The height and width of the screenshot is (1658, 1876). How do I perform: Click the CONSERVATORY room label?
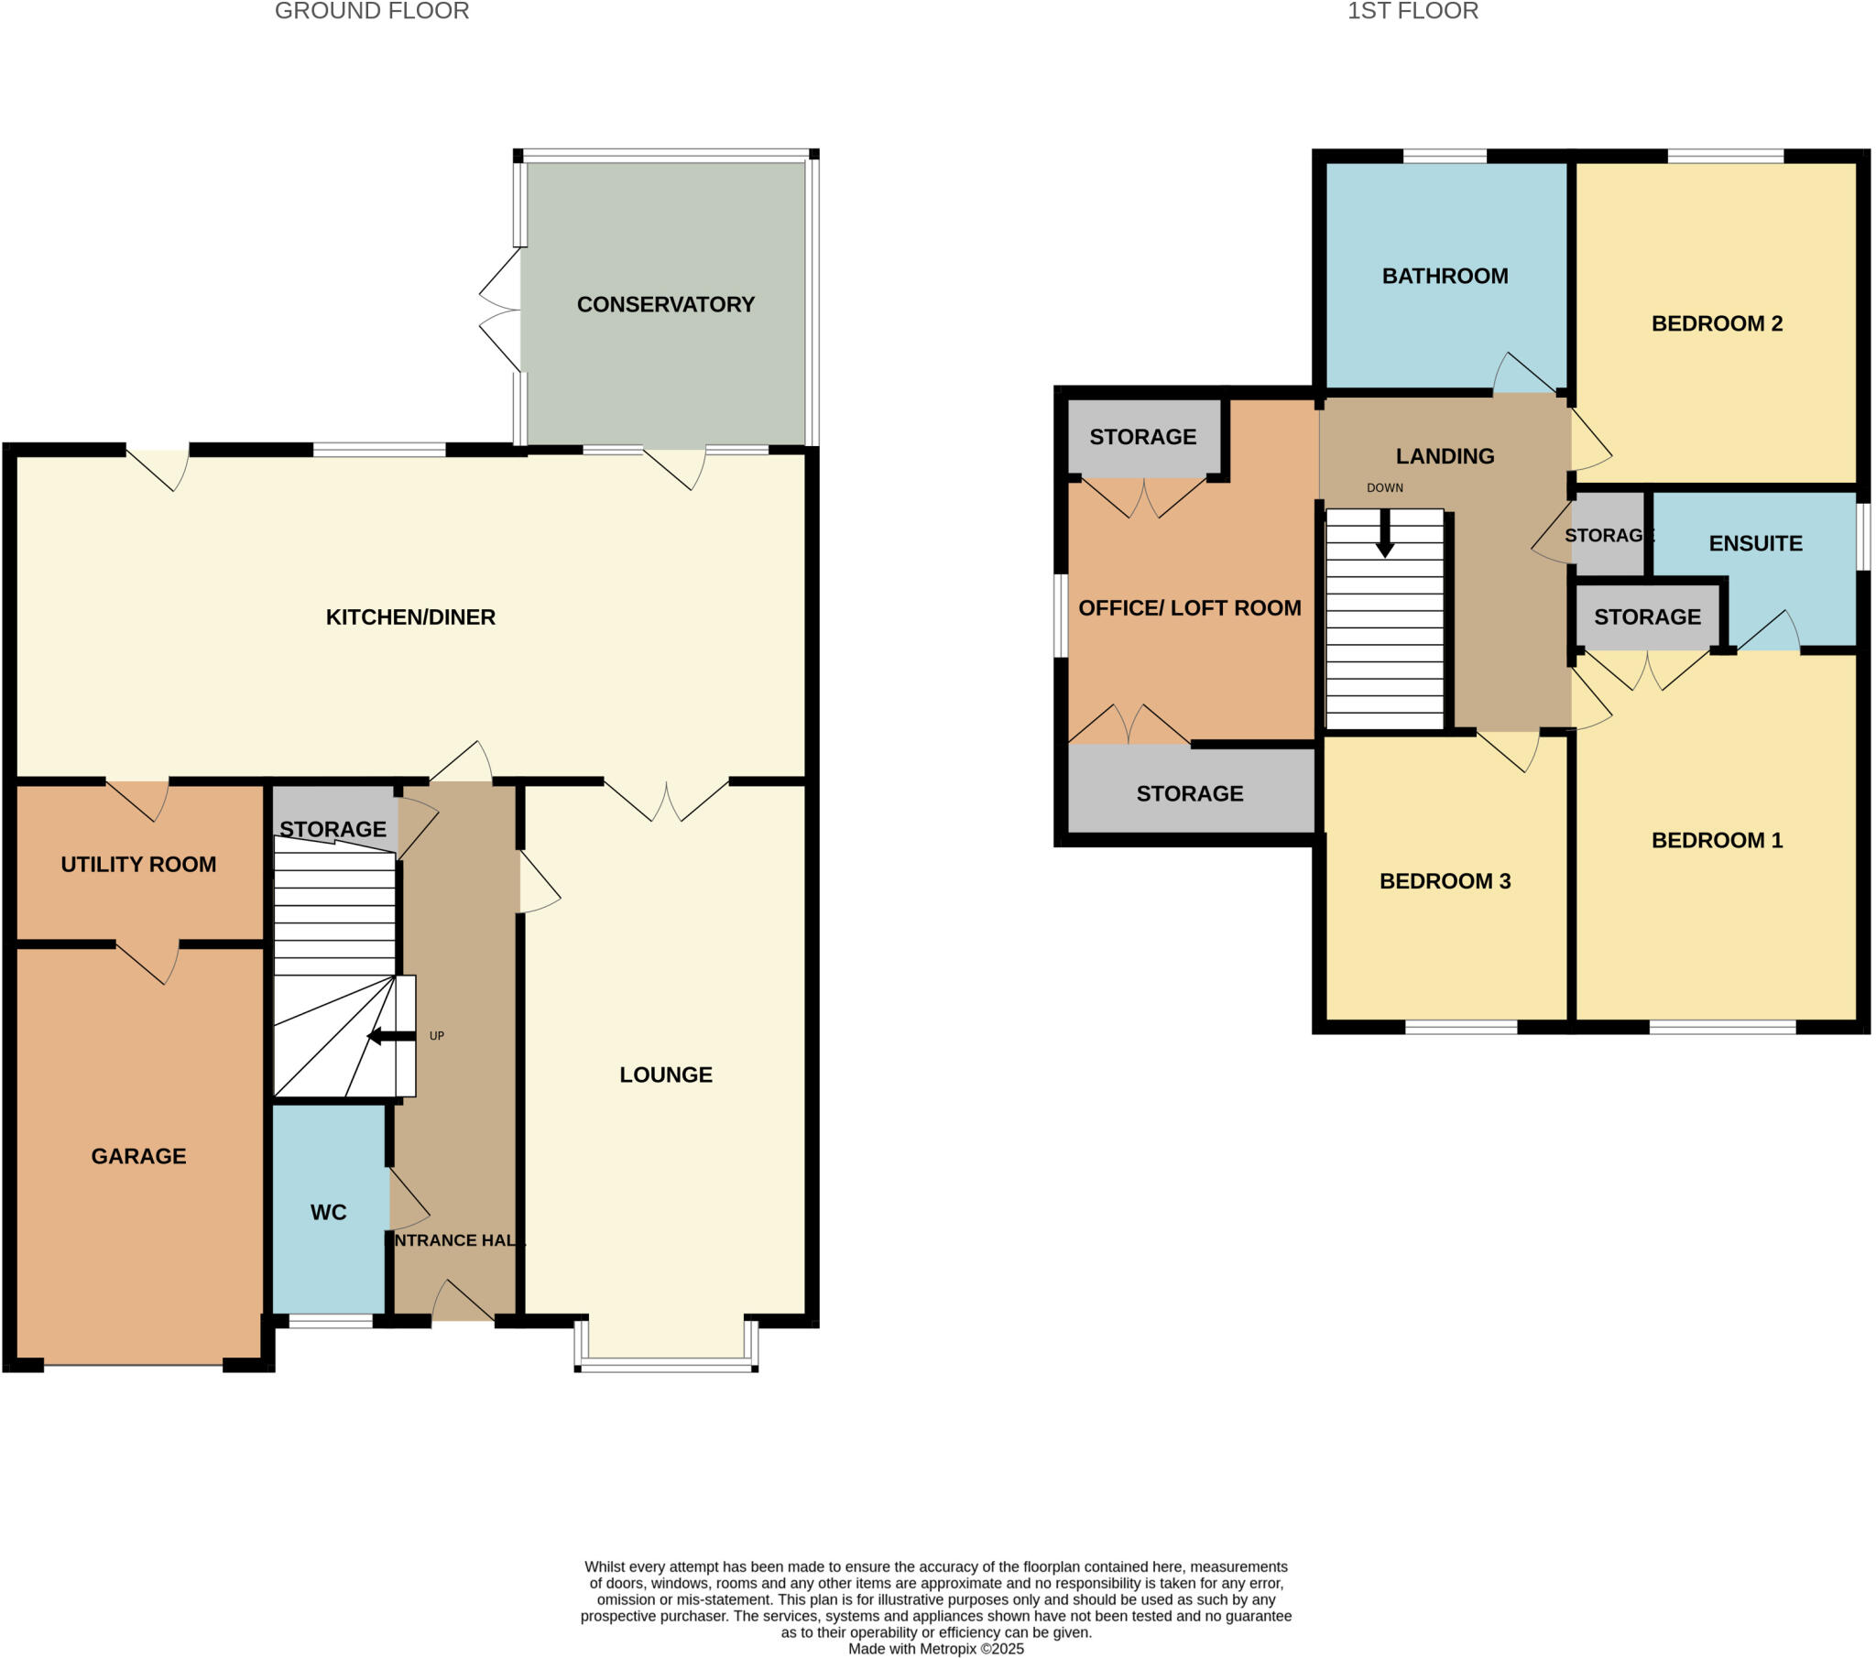click(665, 304)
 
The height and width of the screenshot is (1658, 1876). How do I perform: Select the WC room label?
click(328, 1212)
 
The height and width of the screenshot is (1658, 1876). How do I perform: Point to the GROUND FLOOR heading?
click(372, 11)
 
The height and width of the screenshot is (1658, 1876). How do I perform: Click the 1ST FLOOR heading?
click(1412, 11)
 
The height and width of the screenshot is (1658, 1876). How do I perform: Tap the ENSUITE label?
click(1755, 542)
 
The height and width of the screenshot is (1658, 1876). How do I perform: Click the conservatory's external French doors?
click(500, 311)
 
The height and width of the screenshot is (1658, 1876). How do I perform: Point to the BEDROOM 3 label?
click(1445, 880)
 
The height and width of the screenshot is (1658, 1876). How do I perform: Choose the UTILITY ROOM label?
click(138, 864)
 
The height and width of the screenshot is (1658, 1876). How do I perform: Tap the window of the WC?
click(331, 1321)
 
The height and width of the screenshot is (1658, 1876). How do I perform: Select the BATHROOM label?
click(1445, 276)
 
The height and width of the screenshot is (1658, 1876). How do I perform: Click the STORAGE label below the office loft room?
click(1190, 793)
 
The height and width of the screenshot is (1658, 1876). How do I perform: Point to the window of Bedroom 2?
click(1725, 156)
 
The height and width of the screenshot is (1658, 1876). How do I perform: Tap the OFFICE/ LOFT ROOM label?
click(1190, 607)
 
